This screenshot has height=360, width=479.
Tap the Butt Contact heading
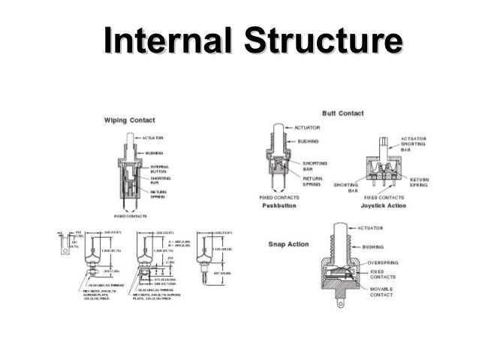coord(342,113)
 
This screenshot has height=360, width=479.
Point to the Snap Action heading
coord(289,244)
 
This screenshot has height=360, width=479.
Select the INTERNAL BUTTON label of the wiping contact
coord(159,169)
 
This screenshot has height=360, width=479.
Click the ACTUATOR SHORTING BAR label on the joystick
coord(415,143)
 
